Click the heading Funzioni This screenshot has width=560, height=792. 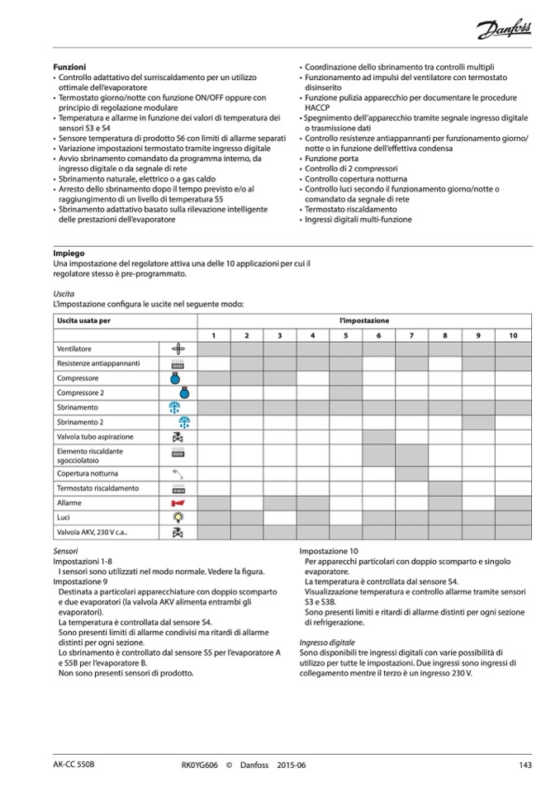click(x=69, y=65)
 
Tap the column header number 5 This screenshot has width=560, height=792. click(x=345, y=334)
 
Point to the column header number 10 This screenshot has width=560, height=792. click(x=512, y=334)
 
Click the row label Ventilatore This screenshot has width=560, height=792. click(x=74, y=349)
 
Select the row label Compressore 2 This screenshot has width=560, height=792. click(x=80, y=393)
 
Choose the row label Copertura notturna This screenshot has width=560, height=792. click(x=87, y=474)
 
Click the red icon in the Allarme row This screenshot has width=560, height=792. click(x=177, y=503)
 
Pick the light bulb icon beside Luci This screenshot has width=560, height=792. click(x=177, y=517)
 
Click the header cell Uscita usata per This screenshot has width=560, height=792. click(x=83, y=320)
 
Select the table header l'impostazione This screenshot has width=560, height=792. click(x=363, y=320)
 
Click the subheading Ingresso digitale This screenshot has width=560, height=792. click(x=326, y=642)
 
